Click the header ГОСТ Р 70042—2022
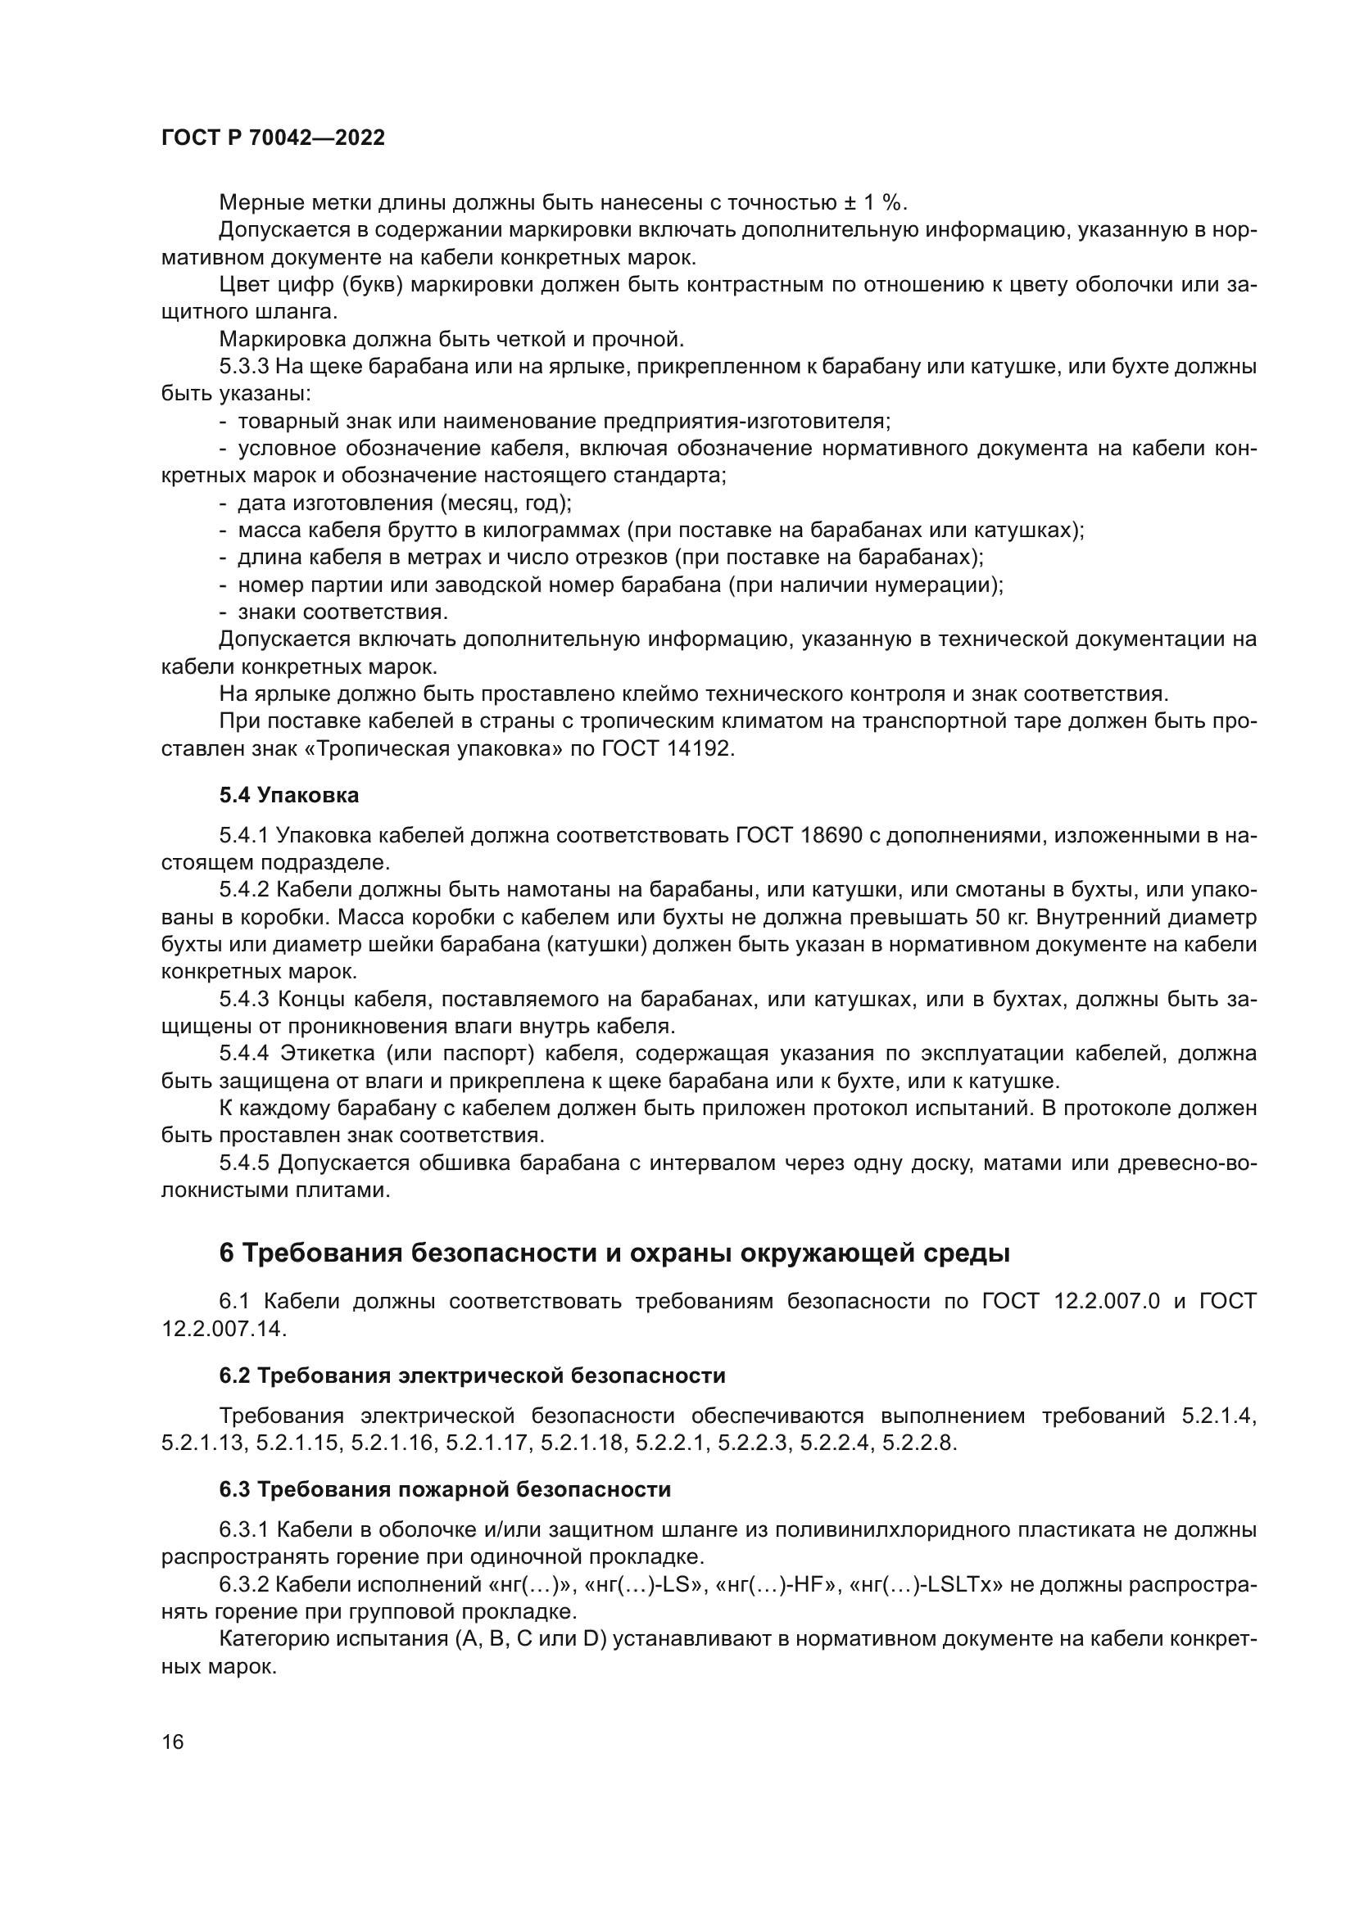click(273, 138)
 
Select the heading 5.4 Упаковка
click(288, 795)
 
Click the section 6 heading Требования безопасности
click(614, 1253)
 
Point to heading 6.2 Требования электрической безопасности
click(472, 1375)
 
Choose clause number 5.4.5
click(244, 1163)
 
